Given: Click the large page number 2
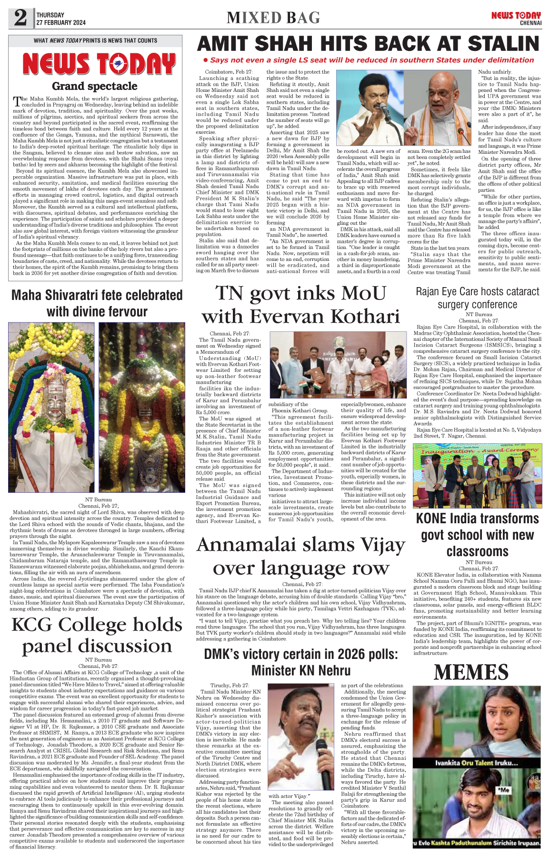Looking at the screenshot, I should pyautogui.click(x=20, y=18).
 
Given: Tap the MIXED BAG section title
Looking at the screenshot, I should pyautogui.click(x=273, y=18).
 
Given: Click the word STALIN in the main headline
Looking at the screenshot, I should pyautogui.click(x=503, y=44).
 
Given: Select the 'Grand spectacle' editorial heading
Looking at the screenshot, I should pyautogui.click(x=94, y=86).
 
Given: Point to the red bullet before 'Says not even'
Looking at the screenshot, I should pyautogui.click(x=205, y=60).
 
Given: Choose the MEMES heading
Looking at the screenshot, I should pyautogui.click(x=471, y=672).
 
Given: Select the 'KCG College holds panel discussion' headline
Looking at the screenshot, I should pyautogui.click(x=97, y=635).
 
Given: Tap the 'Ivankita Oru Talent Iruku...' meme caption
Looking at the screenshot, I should pyautogui.click(x=476, y=763).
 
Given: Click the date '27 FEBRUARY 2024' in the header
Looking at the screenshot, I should pyautogui.click(x=61, y=22).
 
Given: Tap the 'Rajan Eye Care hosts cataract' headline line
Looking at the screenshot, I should pyautogui.click(x=477, y=291).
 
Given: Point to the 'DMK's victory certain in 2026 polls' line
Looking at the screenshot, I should pyautogui.click(x=300, y=654).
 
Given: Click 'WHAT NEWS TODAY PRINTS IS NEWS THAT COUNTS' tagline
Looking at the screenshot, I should pyautogui.click(x=95, y=40).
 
